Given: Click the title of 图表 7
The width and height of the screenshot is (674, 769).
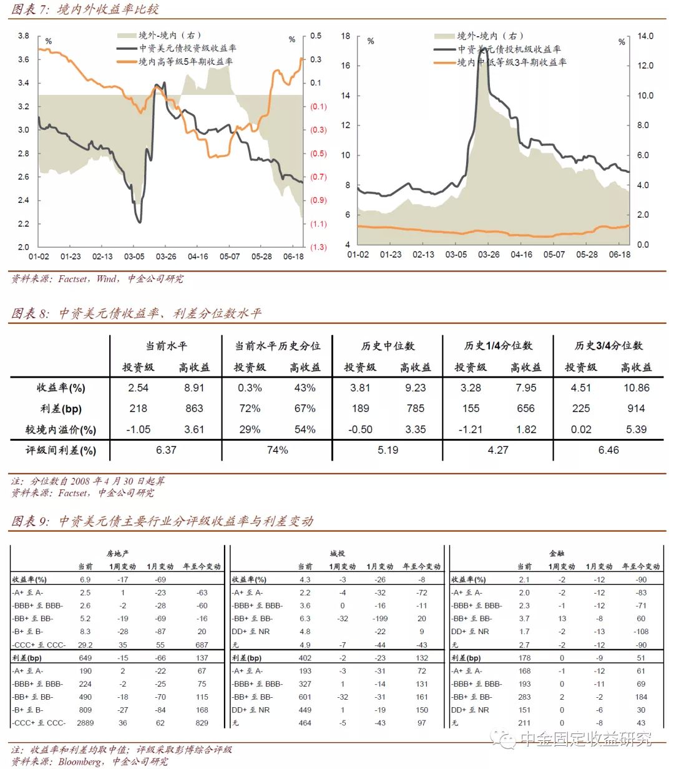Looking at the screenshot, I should point(85,9).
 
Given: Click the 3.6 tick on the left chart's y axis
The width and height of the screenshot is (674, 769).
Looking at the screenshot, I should point(23,59).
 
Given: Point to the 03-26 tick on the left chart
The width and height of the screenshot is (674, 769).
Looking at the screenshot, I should point(165,257).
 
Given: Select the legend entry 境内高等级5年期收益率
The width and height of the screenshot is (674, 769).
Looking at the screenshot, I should point(186,61).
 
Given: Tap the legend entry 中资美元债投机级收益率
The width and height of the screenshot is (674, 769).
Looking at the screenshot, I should point(509,49).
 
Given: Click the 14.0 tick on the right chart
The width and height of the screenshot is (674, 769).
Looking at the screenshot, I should point(645,36).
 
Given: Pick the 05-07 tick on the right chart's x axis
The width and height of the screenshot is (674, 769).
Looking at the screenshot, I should point(554,255).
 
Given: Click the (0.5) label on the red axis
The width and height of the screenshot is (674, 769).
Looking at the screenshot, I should point(318,154).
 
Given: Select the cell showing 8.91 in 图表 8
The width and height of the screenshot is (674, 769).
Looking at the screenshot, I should point(194,388).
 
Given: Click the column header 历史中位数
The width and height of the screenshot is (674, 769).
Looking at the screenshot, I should point(388,346).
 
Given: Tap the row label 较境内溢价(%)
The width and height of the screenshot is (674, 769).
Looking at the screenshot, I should point(61,429).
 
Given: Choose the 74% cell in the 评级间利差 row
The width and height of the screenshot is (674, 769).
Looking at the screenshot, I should point(277,450).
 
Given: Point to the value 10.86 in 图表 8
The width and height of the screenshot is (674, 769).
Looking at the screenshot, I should point(636,388).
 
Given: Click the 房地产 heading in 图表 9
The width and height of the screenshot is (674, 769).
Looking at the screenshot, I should point(117,553).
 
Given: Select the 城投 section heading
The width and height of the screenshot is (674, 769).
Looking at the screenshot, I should point(338,553).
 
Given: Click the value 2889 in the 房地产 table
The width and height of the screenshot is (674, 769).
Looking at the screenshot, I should point(85,723).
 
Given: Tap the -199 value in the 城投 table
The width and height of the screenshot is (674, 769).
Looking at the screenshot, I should point(380,619).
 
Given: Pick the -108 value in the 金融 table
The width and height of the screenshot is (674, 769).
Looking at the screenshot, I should point(641,632).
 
